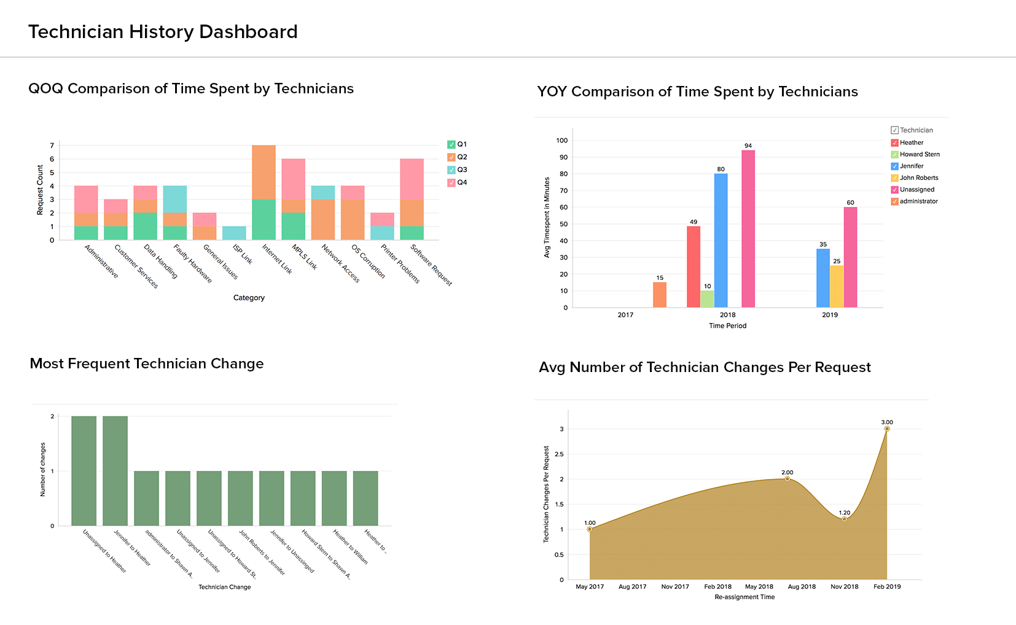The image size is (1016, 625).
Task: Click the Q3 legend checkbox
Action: point(451,170)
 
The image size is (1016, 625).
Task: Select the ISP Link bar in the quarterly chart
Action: point(234,233)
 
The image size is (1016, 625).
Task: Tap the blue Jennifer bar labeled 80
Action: point(721,240)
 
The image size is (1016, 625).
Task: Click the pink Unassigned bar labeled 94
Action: point(748,228)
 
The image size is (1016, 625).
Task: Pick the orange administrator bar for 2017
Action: point(660,295)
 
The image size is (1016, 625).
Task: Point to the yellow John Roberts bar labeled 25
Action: point(837,286)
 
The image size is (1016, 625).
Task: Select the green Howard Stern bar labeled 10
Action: point(707,299)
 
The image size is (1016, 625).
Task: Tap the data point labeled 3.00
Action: point(887,429)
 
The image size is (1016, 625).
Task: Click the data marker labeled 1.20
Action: point(845,519)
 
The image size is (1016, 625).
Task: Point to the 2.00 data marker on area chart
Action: point(787,479)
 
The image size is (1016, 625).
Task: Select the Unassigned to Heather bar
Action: point(84,471)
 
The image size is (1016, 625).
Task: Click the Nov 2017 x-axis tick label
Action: point(675,587)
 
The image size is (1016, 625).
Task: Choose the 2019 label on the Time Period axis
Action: point(830,315)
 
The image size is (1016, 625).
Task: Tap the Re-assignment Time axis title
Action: point(744,597)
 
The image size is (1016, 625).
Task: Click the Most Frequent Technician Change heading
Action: point(147,363)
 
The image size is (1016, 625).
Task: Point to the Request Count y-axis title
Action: point(40,190)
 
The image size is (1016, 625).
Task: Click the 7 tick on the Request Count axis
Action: point(52,146)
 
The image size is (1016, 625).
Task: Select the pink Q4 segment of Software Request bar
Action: point(412,179)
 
